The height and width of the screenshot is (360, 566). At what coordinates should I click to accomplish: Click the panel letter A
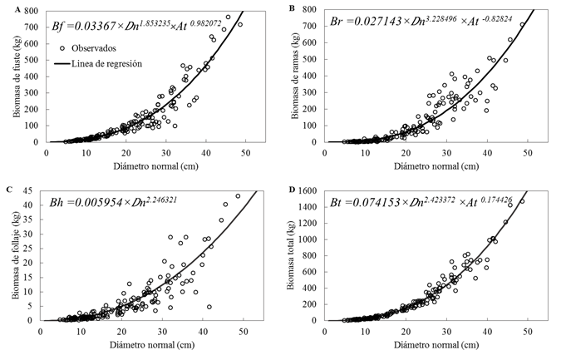[x=10, y=7]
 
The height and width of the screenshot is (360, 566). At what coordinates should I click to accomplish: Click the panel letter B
[x=290, y=7]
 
